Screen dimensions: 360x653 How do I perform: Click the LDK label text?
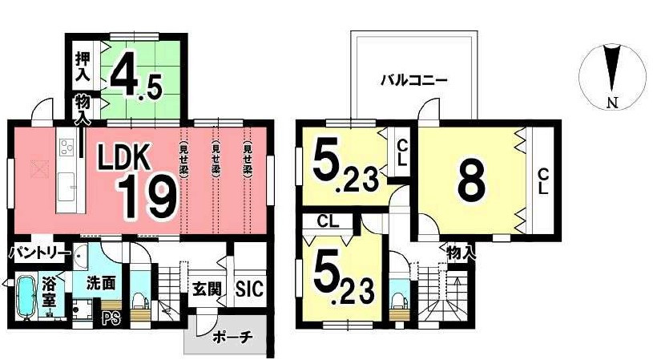(x=124, y=157)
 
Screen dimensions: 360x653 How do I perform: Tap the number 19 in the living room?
(x=147, y=197)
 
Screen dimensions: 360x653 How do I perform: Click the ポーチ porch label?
(x=233, y=338)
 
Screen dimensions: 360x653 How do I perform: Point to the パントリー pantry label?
(x=37, y=253)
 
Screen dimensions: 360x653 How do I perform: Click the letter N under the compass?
(x=611, y=102)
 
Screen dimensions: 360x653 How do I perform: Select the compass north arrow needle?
(x=611, y=66)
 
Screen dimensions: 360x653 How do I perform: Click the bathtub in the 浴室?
(x=24, y=297)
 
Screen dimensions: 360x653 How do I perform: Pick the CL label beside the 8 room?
(x=542, y=181)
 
